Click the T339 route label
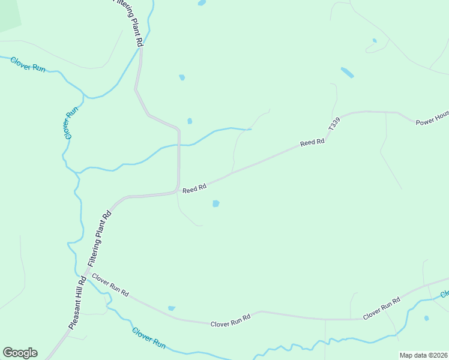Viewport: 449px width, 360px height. point(334,124)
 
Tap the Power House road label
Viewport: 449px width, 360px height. point(432,120)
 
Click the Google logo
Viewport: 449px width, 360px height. point(20,352)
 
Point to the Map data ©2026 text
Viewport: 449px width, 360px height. point(423,355)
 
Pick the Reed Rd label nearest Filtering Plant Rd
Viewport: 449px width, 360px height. point(194,188)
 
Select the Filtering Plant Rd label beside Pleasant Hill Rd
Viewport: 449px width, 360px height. point(100,239)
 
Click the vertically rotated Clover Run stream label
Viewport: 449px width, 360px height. point(71,123)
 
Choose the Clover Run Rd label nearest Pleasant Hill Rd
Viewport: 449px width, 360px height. point(110,284)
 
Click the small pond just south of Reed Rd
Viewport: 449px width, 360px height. point(215,204)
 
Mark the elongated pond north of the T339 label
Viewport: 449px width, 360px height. point(347,73)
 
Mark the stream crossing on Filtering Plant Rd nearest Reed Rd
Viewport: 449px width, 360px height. point(178,145)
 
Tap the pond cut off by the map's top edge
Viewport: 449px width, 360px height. point(202,2)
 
